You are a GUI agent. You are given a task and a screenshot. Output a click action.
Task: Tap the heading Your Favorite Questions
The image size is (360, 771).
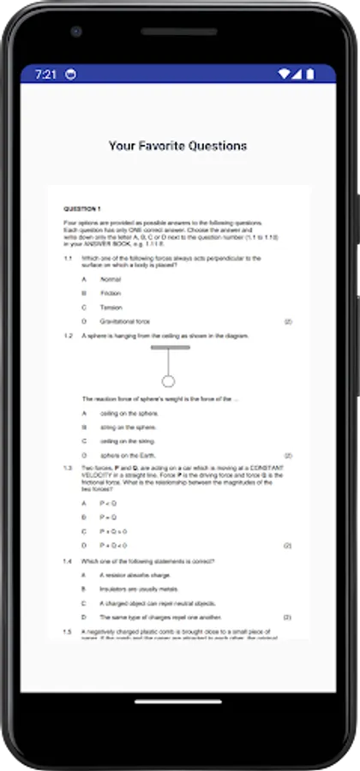(x=178, y=146)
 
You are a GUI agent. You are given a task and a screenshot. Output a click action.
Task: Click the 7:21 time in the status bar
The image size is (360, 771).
(x=45, y=75)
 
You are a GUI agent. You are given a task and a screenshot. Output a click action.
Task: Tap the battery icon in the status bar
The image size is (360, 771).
(x=309, y=75)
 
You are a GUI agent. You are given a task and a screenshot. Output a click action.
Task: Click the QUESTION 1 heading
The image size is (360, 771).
(x=82, y=209)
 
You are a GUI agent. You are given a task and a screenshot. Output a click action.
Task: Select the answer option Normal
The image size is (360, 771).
(x=111, y=279)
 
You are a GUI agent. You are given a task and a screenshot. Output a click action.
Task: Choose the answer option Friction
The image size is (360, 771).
(x=111, y=293)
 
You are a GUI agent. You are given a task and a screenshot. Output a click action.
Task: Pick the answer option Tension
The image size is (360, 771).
(x=111, y=307)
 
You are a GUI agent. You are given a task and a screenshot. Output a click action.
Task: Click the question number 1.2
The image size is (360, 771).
(x=68, y=336)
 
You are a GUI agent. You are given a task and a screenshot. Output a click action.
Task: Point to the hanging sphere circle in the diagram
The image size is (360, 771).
(x=169, y=380)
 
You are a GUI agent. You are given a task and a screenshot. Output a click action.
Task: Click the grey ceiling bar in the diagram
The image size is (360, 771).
(x=170, y=348)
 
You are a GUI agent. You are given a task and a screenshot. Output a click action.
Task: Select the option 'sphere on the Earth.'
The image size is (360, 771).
(x=129, y=455)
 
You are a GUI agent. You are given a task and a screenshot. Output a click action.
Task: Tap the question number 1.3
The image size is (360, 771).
(x=68, y=468)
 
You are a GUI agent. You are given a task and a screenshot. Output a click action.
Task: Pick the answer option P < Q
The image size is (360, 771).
(x=108, y=503)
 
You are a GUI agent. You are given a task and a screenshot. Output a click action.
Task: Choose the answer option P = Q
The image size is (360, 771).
(x=108, y=517)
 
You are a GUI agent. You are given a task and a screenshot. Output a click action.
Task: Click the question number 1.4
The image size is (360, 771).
(x=68, y=561)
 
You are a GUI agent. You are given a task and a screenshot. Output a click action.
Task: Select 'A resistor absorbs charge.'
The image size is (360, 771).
(x=135, y=575)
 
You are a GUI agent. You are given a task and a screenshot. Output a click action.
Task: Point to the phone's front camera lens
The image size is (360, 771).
(x=76, y=33)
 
